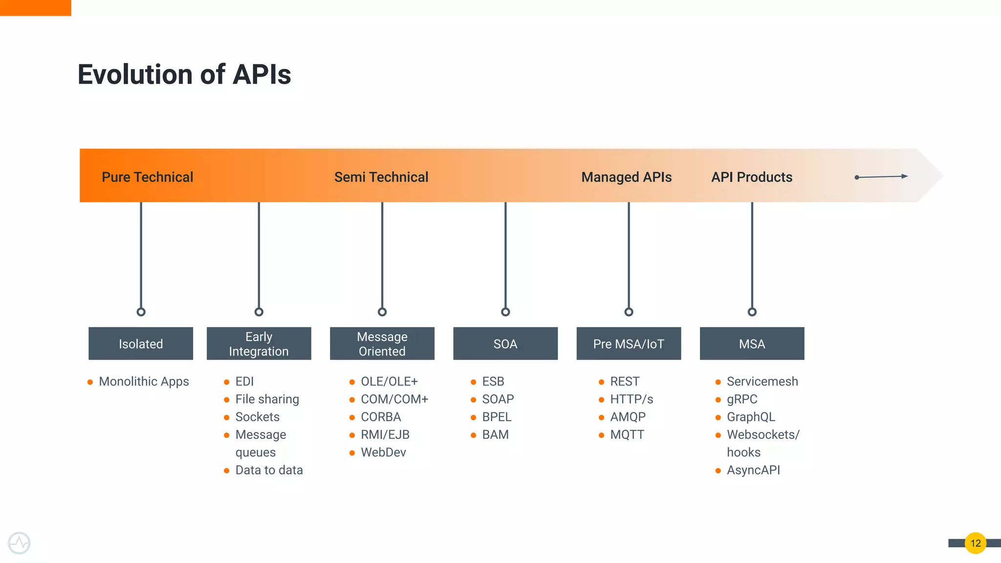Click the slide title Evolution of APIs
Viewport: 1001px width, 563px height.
click(184, 75)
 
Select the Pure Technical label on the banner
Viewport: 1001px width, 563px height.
click(147, 177)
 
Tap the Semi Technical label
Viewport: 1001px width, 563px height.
click(381, 177)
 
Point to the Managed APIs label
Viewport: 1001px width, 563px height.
click(626, 177)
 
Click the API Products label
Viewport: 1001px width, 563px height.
click(752, 177)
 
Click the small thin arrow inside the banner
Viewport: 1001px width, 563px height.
click(881, 176)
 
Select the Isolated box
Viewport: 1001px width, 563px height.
click(141, 344)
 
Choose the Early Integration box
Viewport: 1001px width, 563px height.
click(259, 344)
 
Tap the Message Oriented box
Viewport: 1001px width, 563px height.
click(382, 344)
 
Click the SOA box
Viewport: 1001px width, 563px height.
click(505, 344)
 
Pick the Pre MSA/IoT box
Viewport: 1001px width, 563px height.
click(629, 344)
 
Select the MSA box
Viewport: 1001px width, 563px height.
click(752, 344)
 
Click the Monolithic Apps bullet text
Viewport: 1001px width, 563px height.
click(144, 381)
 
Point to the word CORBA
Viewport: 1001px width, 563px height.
click(381, 417)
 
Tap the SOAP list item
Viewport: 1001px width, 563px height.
click(498, 399)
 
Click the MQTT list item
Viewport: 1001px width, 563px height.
click(627, 434)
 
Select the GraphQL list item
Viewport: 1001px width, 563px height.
click(751, 417)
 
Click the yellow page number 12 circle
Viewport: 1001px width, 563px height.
click(976, 543)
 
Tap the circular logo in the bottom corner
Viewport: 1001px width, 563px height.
click(20, 543)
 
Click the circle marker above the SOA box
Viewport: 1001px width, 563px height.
click(505, 312)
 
